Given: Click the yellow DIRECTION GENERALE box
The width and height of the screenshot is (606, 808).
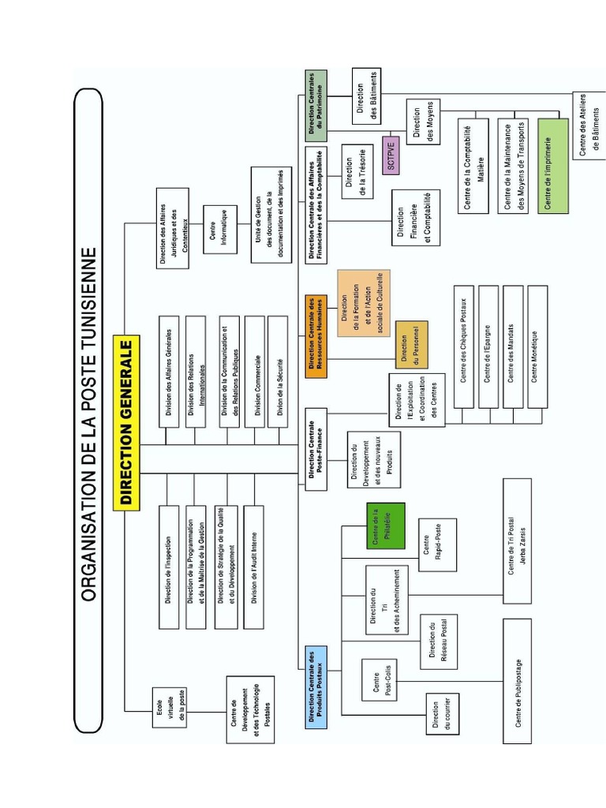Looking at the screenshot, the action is click(x=127, y=425).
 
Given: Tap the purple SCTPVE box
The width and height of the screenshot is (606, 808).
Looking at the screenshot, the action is click(x=391, y=155).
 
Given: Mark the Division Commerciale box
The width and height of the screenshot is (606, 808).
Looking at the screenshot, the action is click(x=255, y=372).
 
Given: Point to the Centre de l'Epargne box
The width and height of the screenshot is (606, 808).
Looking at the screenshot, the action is click(x=488, y=347).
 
